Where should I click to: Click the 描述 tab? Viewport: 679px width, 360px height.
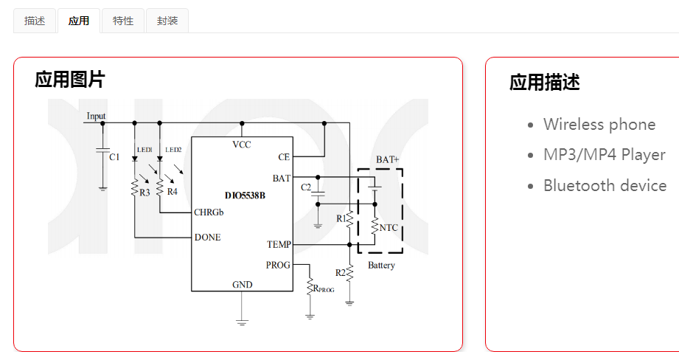(35, 21)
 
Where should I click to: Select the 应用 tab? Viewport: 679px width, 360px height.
(79, 21)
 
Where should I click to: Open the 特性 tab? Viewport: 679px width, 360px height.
(123, 21)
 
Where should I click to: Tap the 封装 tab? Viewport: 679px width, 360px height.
(167, 21)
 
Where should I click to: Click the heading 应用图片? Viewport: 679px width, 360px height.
(70, 80)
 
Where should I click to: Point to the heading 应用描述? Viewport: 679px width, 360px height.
(545, 83)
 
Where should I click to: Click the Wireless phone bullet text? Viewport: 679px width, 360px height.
(599, 125)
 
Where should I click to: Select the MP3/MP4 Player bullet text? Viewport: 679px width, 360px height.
(605, 155)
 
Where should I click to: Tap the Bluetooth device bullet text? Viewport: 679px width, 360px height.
(605, 186)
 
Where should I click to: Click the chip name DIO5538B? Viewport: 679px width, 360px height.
(244, 196)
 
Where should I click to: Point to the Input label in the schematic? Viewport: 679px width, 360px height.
(96, 116)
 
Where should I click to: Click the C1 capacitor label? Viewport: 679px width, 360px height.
(114, 157)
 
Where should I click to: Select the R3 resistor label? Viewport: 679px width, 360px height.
(144, 192)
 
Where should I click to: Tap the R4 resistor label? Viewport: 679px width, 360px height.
(172, 192)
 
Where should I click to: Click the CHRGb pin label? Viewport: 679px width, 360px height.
(209, 212)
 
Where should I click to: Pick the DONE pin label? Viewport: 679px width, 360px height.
(207, 238)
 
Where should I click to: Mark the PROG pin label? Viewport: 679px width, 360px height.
(278, 265)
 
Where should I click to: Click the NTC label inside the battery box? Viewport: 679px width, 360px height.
(389, 228)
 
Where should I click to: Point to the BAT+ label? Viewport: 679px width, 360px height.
(387, 159)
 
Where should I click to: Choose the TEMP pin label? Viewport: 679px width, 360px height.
(279, 244)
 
